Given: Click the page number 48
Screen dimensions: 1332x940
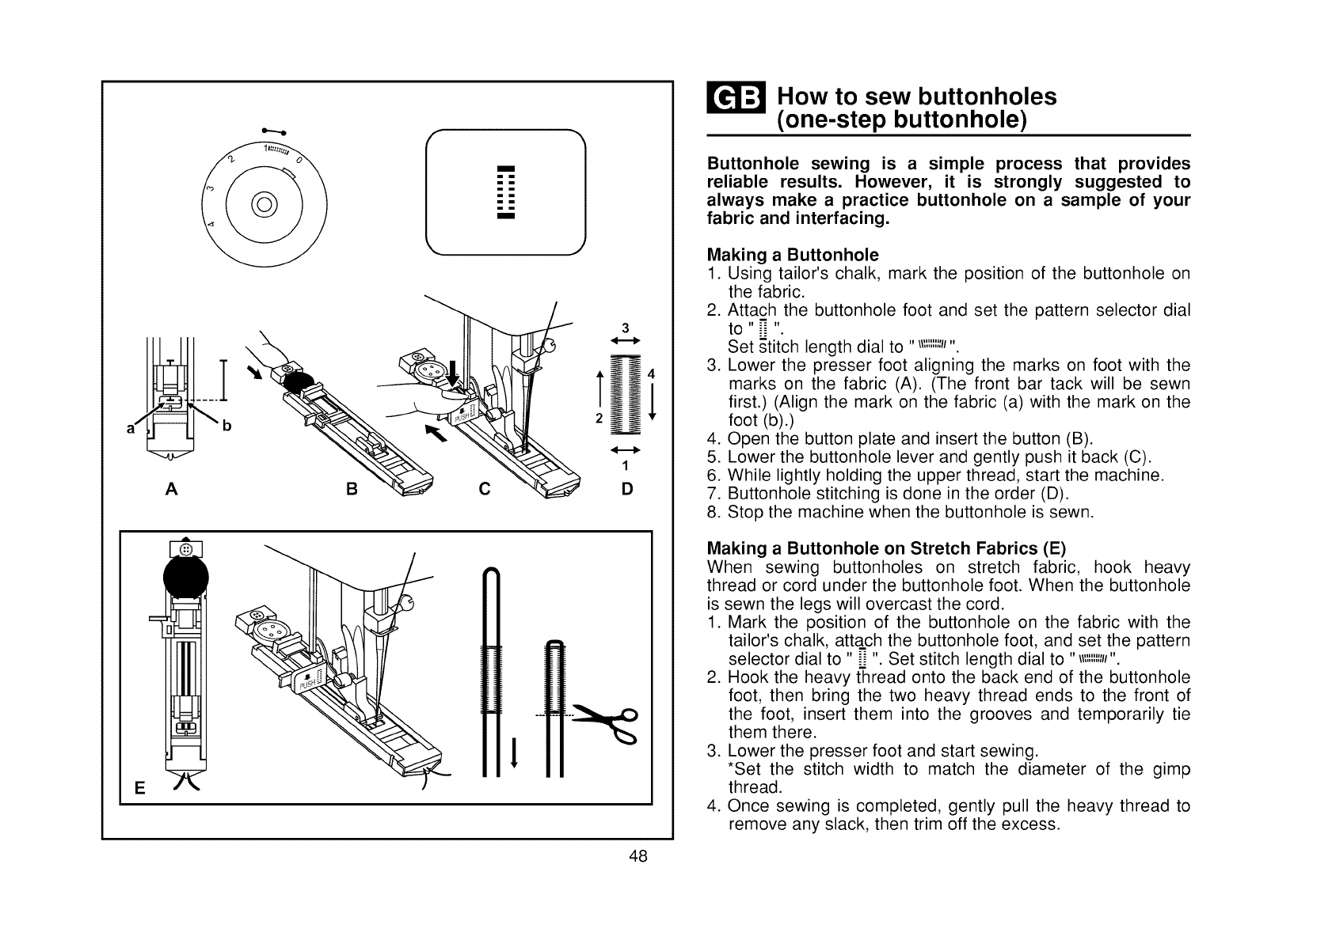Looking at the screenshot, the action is pyautogui.click(x=639, y=856).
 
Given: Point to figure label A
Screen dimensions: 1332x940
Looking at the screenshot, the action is pyautogui.click(x=170, y=489).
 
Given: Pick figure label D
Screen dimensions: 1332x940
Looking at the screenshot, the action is pyautogui.click(x=627, y=489).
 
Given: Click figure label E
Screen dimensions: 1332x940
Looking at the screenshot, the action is pyautogui.click(x=139, y=788).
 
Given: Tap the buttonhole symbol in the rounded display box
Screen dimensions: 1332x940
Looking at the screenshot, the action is pyautogui.click(x=504, y=192).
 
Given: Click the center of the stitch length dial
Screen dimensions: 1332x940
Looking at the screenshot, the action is pyautogui.click(x=265, y=203).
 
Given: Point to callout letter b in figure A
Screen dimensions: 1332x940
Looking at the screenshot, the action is pyautogui.click(x=226, y=426).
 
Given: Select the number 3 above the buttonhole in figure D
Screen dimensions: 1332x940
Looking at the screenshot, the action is pyautogui.click(x=625, y=328).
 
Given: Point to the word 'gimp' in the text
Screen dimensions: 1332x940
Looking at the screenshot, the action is pyautogui.click(x=1147, y=769).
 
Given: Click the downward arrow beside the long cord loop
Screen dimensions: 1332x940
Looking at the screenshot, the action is pyautogui.click(x=515, y=752).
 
